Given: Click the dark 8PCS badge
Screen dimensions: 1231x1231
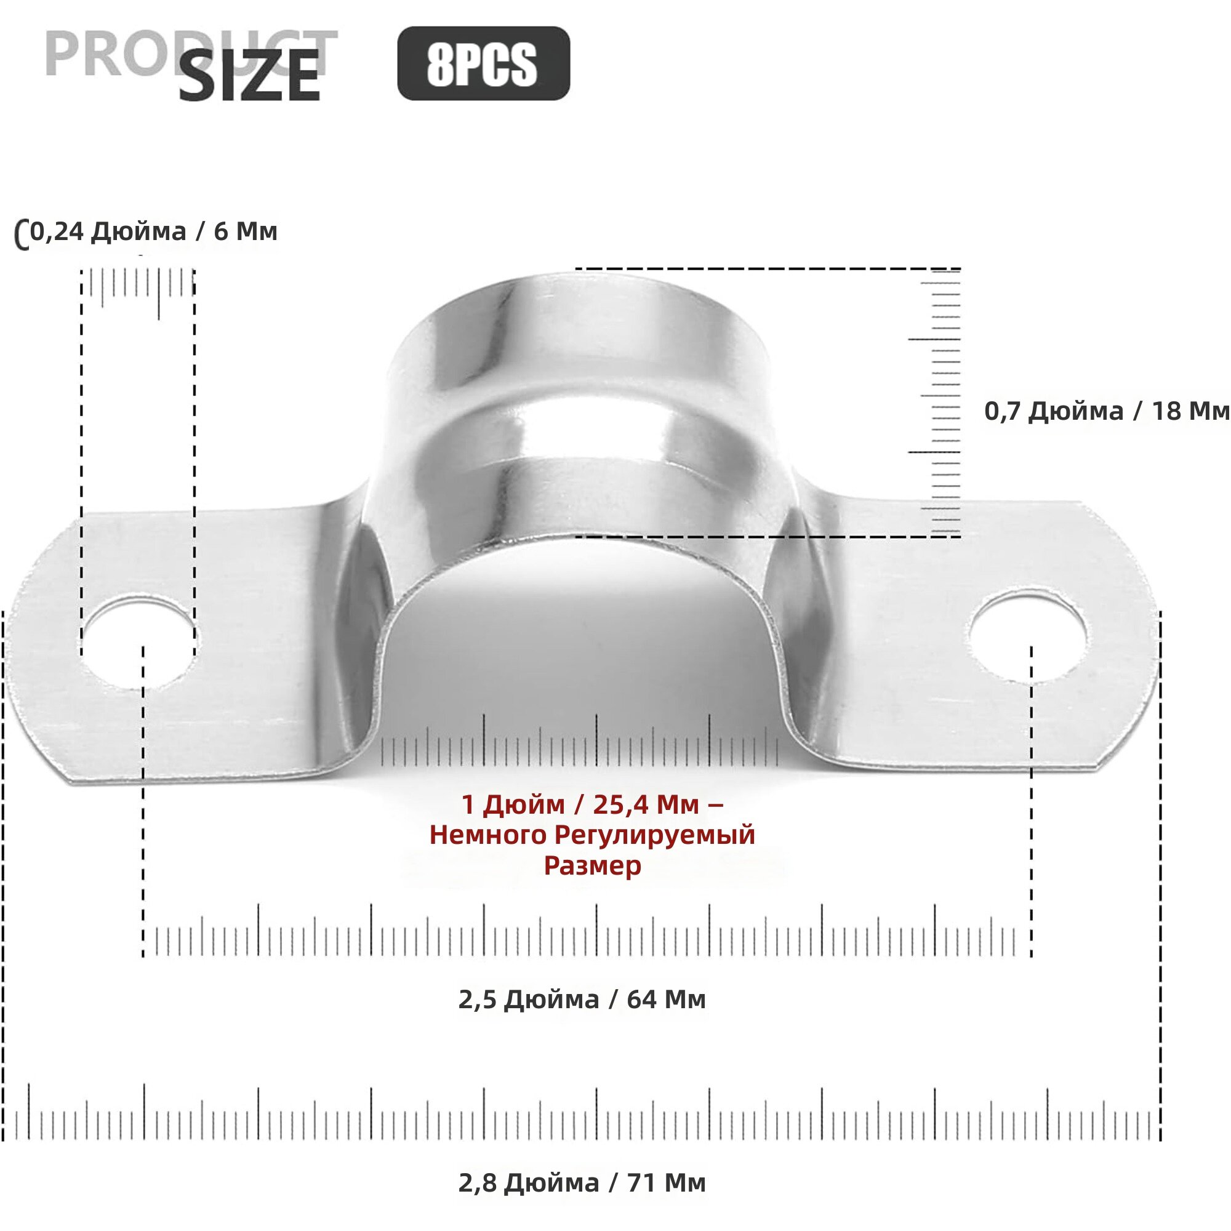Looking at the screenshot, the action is pos(484,63).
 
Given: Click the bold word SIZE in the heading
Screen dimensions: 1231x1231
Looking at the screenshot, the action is pos(249,76).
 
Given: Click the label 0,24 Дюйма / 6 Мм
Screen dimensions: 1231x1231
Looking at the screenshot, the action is pos(153,231).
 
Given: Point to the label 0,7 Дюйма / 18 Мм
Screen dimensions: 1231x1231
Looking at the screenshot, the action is pos(1107,411).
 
